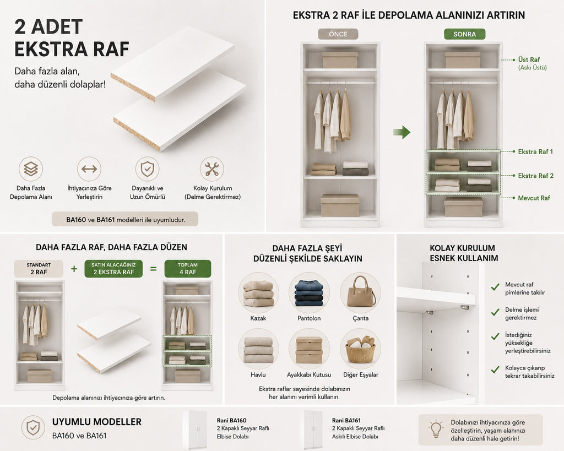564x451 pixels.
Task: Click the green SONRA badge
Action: (464, 34)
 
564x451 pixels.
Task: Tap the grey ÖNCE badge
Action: (338, 34)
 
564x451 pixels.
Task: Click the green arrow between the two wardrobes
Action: (402, 132)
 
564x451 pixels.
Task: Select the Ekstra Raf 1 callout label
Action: (535, 152)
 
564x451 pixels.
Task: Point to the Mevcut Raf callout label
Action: (534, 198)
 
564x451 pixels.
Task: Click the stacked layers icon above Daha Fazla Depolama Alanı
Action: (31, 169)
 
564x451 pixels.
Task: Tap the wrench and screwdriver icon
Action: (212, 169)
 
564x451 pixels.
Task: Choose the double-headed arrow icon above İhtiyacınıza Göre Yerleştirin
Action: (89, 169)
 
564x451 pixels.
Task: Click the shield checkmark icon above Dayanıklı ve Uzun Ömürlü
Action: (147, 169)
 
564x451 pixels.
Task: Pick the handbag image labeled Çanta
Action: (360, 292)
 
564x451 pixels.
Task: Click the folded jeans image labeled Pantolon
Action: (309, 292)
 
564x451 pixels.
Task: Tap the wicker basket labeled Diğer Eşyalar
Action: (360, 349)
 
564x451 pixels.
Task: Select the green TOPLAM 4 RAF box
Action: (188, 269)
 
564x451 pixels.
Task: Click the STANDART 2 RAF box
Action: (39, 269)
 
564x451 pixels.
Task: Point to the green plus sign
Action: (74, 269)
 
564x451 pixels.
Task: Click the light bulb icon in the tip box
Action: (436, 429)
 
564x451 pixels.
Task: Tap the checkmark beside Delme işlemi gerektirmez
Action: (495, 312)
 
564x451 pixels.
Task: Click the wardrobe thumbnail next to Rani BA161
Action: (313, 430)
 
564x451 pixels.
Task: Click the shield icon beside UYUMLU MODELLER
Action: (33, 428)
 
